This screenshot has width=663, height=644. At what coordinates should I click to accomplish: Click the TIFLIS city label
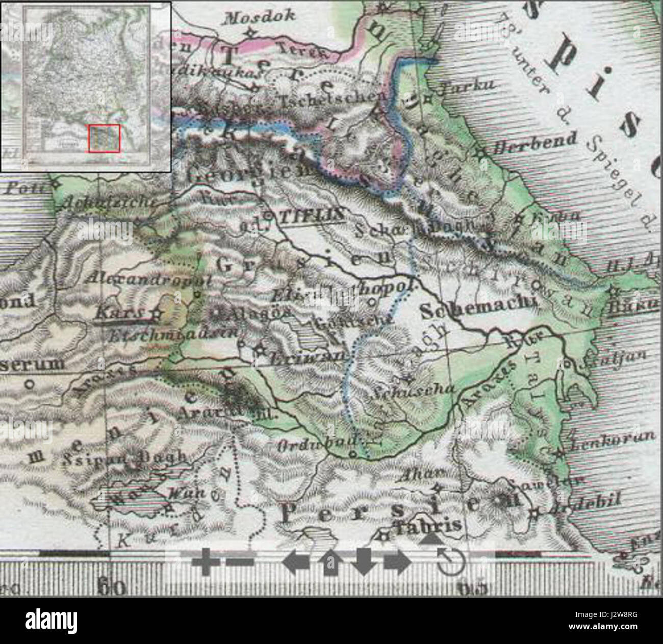[311, 216]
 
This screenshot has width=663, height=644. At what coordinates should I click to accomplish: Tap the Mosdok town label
[260, 17]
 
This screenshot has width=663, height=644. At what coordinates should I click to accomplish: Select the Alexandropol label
[148, 279]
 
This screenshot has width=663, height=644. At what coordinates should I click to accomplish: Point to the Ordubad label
[311, 445]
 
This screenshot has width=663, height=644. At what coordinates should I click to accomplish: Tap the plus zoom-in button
[206, 561]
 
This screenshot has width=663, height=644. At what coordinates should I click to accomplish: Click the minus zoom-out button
[240, 561]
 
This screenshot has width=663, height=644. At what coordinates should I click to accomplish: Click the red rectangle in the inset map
[104, 138]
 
